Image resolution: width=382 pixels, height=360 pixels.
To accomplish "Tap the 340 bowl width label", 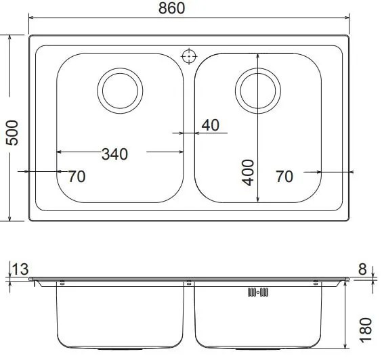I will click(x=114, y=154).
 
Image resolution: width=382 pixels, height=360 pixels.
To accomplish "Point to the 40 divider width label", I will click(x=211, y=125).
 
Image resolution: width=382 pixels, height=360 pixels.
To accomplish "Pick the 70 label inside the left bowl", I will click(x=77, y=177).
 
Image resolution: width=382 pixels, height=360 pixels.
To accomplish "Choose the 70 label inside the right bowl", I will click(x=284, y=177).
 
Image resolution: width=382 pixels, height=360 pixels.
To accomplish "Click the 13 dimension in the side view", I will click(x=20, y=270).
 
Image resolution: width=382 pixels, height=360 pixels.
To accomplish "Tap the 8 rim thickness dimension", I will click(x=362, y=269).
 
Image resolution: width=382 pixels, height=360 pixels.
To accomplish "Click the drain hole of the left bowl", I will click(x=121, y=89).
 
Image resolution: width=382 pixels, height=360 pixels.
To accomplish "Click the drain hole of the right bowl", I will click(x=257, y=89).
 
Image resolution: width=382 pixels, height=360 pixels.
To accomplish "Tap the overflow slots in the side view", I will click(x=259, y=292).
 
